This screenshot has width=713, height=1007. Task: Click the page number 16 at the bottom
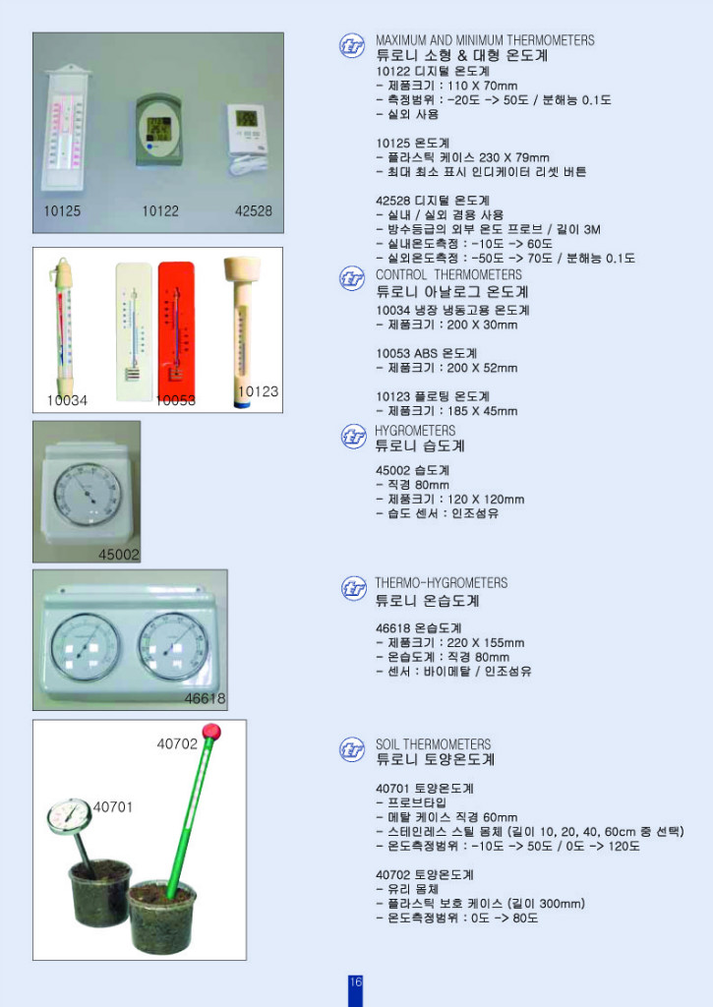pos(355,982)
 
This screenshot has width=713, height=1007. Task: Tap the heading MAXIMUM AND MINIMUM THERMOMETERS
pos(485,40)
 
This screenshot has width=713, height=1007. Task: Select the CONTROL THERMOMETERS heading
pos(448,274)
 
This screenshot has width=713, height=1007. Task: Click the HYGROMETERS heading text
pos(415,431)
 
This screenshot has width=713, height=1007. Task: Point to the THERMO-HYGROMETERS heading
pos(442,583)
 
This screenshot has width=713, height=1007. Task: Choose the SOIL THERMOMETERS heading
pos(433,744)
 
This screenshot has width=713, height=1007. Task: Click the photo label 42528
pos(253,211)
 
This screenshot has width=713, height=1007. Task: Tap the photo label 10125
pos(62,211)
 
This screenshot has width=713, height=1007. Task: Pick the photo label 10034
pos(67,400)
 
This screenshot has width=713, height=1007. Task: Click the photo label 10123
pos(259,391)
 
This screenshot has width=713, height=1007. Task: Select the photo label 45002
pos(119,555)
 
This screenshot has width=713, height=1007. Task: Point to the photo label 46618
pos(205,699)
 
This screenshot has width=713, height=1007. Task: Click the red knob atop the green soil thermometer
pos(209,732)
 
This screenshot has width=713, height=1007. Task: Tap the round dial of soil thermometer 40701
pos(69,815)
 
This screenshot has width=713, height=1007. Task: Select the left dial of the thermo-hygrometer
pos(85,646)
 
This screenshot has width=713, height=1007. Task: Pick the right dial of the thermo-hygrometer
pos(174,646)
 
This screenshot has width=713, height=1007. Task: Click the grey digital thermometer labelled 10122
pos(158,129)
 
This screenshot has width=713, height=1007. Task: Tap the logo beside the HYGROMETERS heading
pos(353,437)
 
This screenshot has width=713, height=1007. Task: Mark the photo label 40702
pos(177,744)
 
